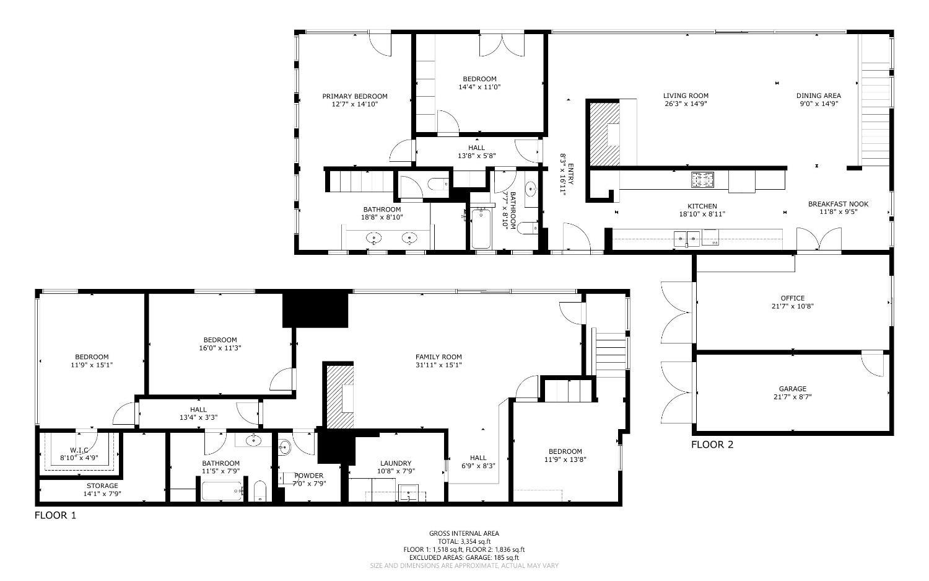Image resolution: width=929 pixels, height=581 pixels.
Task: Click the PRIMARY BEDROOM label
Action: click(x=354, y=96)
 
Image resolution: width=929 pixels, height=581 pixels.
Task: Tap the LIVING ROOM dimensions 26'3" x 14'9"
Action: click(x=686, y=104)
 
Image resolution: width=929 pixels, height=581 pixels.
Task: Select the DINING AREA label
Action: click(x=818, y=95)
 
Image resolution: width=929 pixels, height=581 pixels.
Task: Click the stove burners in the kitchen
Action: click(x=702, y=179)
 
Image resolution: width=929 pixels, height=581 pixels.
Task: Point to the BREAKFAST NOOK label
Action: click(x=838, y=204)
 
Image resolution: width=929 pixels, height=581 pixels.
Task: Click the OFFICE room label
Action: click(x=793, y=298)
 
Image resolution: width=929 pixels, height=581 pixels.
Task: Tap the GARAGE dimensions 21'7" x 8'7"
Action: click(x=792, y=397)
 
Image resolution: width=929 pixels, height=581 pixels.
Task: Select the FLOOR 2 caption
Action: click(x=712, y=445)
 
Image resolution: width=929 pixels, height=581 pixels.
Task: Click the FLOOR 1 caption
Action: click(x=55, y=515)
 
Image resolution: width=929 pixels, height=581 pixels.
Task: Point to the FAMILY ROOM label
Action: click(x=438, y=357)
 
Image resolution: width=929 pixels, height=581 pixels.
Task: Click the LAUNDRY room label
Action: click(x=396, y=463)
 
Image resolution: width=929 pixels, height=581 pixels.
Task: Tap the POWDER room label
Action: click(x=308, y=476)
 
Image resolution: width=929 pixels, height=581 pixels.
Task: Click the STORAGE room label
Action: click(x=102, y=486)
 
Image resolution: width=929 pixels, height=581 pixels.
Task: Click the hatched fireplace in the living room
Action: click(x=604, y=134)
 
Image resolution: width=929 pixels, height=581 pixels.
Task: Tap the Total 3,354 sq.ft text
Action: click(x=464, y=541)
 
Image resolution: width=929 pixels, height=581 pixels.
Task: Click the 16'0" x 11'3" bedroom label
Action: click(x=220, y=340)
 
